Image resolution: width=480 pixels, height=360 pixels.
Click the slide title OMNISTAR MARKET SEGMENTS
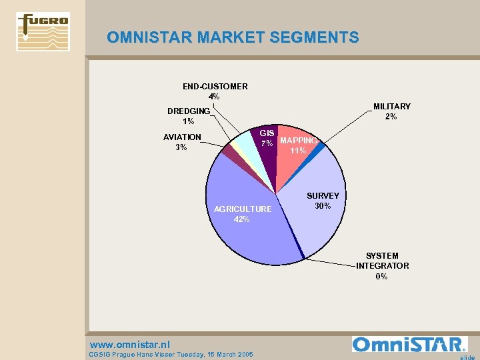[233, 37]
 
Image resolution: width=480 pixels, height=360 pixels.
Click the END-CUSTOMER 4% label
[215, 91]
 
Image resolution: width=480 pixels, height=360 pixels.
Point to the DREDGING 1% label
[189, 116]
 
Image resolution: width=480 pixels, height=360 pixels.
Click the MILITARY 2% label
[391, 111]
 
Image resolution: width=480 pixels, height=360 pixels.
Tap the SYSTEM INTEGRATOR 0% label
[382, 266]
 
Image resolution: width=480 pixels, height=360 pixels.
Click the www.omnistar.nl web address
[129, 345]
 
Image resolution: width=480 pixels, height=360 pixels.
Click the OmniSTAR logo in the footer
[409, 344]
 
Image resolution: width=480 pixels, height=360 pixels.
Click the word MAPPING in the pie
[299, 141]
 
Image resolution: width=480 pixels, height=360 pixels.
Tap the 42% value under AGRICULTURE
[242, 219]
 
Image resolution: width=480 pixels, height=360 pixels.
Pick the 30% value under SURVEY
[323, 206]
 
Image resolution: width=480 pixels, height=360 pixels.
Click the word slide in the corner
[467, 357]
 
